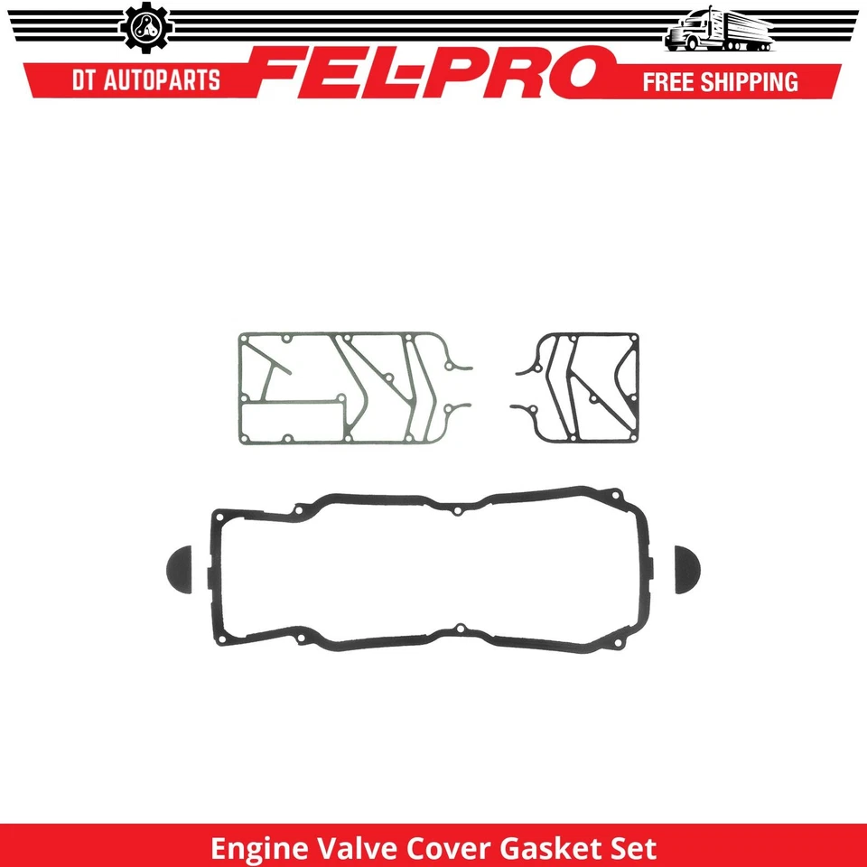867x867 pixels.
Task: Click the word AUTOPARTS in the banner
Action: (164, 80)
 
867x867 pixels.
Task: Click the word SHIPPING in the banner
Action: (758, 81)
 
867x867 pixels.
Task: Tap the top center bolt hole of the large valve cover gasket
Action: (458, 511)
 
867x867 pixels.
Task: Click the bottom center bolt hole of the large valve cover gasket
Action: (460, 628)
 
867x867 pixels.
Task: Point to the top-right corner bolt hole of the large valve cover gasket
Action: (617, 495)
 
